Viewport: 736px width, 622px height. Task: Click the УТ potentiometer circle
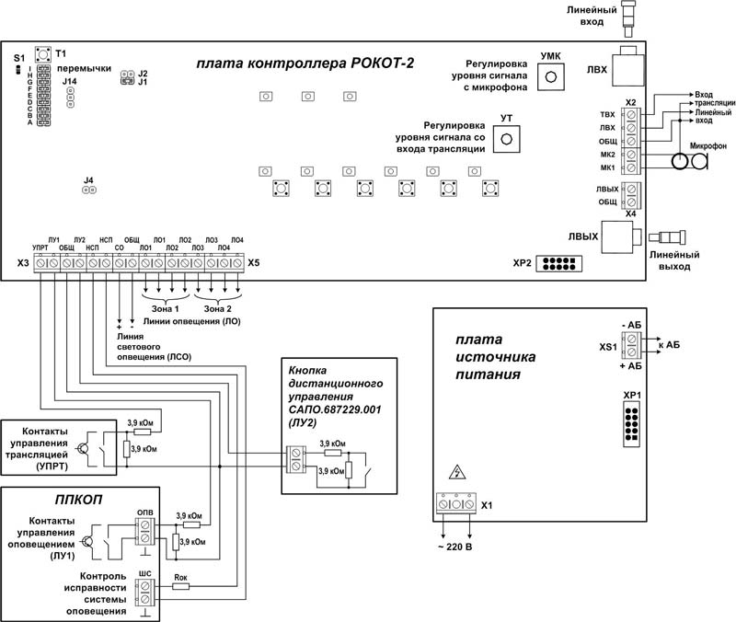(x=505, y=139)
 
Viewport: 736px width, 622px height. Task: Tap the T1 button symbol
(x=43, y=55)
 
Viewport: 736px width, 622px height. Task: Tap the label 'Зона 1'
(x=165, y=308)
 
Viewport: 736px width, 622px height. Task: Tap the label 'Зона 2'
(x=219, y=308)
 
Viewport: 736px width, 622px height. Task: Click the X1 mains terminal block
(x=454, y=505)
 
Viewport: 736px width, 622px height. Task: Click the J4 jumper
(x=88, y=190)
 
